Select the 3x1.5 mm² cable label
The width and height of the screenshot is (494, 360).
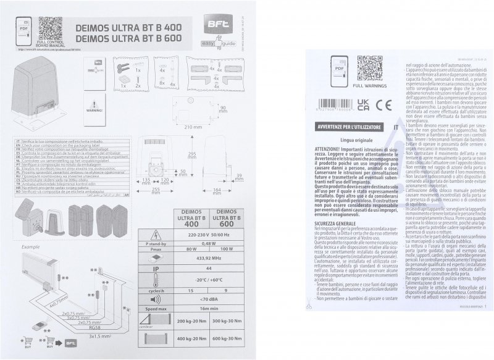(x=79, y=337)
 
